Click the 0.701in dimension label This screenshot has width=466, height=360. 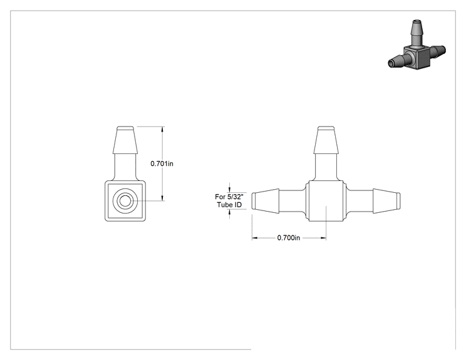(162, 163)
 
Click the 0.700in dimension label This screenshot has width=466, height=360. (289, 238)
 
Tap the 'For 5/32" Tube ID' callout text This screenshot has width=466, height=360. (229, 200)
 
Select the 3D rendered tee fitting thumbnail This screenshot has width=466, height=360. (417, 44)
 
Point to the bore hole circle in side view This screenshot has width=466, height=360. (125, 201)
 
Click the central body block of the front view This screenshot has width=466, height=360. (326, 201)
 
